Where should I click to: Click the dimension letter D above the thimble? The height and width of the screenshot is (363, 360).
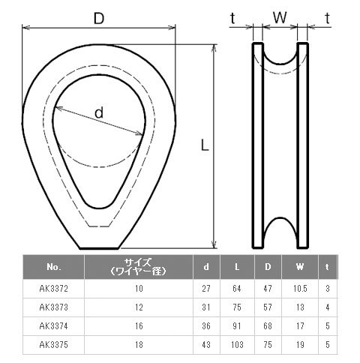click(99, 18)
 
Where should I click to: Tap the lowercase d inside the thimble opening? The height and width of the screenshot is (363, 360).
click(99, 112)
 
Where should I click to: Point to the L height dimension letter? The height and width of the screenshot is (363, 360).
click(205, 145)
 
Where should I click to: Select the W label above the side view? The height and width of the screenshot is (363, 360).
click(280, 18)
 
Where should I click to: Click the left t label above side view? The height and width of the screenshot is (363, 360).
click(232, 18)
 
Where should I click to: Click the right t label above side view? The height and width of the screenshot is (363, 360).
click(327, 18)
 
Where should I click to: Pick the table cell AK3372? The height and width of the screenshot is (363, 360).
click(53, 289)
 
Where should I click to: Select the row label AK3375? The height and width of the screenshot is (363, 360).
click(53, 345)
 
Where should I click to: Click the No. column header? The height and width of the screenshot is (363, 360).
click(54, 267)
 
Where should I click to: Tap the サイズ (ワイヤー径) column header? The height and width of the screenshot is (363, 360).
click(139, 267)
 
